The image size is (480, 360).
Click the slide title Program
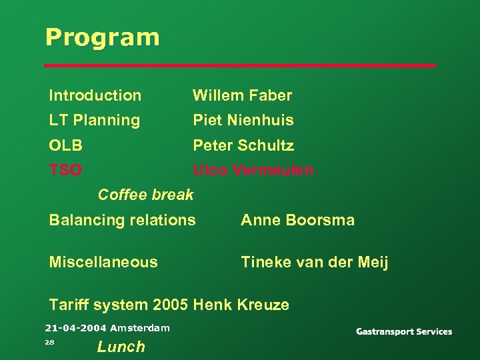click(102, 37)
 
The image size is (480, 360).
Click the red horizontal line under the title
click(239, 65)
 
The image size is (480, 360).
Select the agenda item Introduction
click(95, 96)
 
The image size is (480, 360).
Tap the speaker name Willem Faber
click(242, 96)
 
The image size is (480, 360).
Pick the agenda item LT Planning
click(94, 121)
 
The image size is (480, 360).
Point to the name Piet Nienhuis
click(243, 121)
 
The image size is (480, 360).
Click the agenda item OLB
click(65, 145)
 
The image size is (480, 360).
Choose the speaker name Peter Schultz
click(243, 145)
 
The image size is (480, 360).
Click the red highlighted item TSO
click(65, 171)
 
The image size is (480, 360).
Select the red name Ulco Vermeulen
click(253, 171)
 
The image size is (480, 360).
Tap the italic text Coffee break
click(145, 195)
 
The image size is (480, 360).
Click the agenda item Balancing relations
click(122, 220)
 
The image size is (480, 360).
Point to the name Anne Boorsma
click(297, 220)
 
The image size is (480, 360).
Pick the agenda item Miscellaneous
click(103, 262)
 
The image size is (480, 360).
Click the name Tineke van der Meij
click(314, 262)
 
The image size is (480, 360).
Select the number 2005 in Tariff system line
click(170, 305)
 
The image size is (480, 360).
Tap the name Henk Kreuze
click(241, 305)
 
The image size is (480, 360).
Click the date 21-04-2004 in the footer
click(76, 328)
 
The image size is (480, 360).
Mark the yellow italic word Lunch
click(121, 347)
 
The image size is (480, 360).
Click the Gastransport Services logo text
click(403, 332)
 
